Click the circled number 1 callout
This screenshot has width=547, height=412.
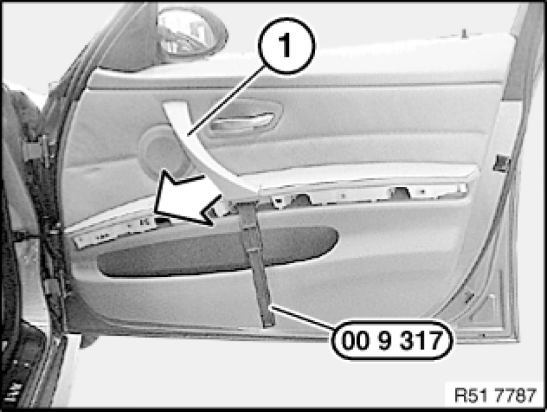click(x=286, y=46)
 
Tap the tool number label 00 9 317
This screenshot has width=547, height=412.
click(x=392, y=340)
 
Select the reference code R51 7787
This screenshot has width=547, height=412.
click(x=495, y=395)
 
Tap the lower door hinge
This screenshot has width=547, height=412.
click(x=53, y=287)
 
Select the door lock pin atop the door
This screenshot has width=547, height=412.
click(x=464, y=34)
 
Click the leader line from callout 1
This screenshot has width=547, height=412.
click(x=224, y=101)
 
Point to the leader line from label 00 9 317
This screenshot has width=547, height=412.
click(x=303, y=318)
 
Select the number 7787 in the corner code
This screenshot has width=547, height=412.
click(x=514, y=395)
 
